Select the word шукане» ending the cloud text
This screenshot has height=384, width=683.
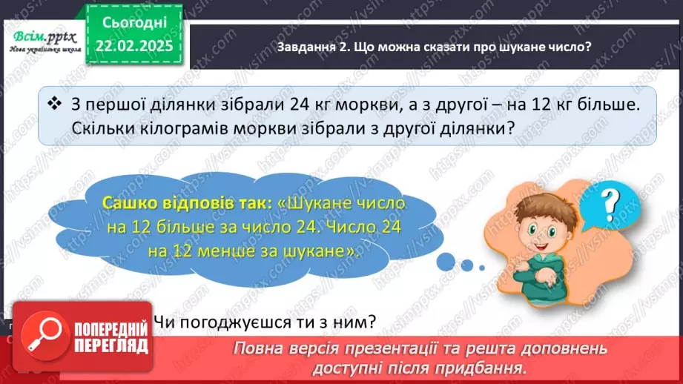pyautogui.click(x=326, y=251)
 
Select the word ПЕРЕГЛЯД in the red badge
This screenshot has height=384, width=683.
pyautogui.click(x=113, y=345)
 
